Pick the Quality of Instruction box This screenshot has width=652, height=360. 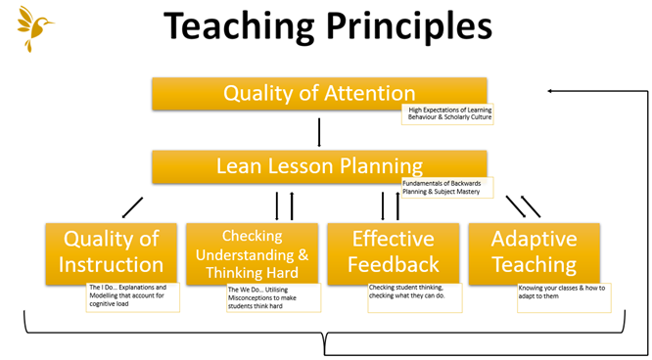[x=111, y=251]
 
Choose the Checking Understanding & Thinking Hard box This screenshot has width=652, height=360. [x=252, y=253]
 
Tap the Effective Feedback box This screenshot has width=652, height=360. [x=393, y=251]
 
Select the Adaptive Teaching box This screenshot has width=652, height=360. [x=534, y=251]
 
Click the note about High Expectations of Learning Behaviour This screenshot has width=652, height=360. [x=447, y=113]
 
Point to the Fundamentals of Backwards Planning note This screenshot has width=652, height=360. [x=447, y=187]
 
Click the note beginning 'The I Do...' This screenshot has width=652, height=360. [x=133, y=296]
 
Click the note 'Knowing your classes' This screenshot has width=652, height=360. [x=563, y=296]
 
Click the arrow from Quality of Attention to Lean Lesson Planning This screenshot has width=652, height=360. [x=320, y=131]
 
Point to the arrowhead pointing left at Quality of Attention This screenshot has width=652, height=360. [x=552, y=92]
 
